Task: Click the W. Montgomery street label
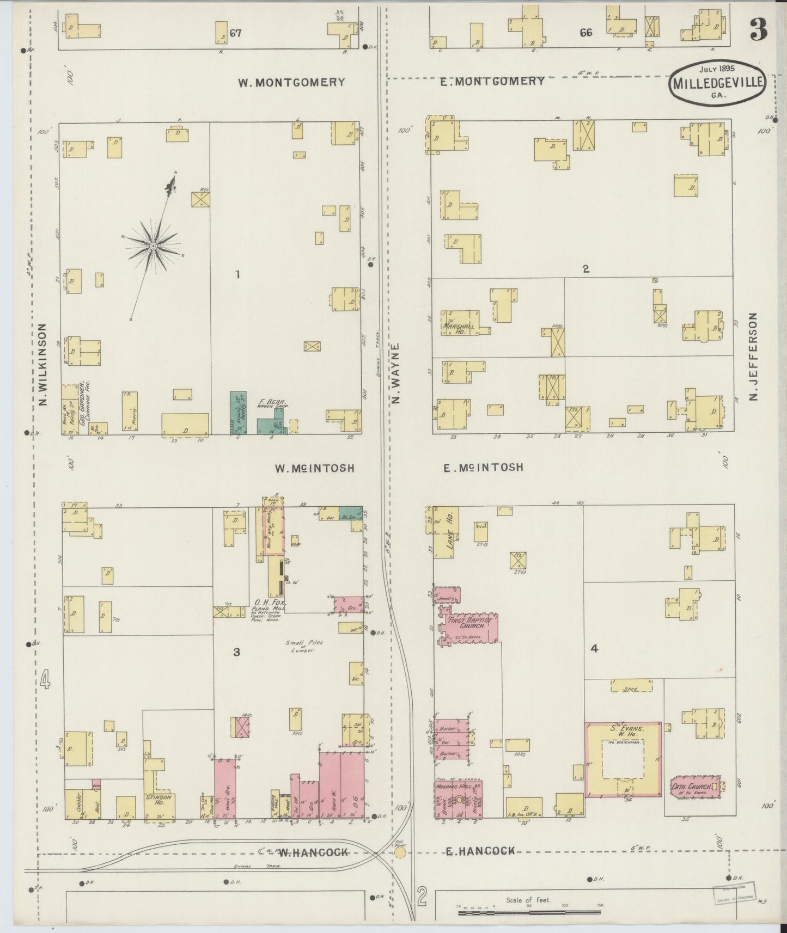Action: (x=291, y=82)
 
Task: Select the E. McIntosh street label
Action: (x=483, y=467)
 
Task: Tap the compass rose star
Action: (x=153, y=246)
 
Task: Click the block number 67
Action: (x=235, y=33)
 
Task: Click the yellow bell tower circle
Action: (x=400, y=854)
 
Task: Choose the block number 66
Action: (x=585, y=33)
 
